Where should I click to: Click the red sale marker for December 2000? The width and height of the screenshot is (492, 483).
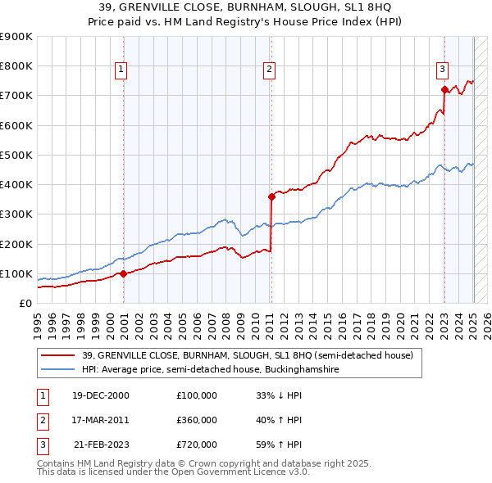tap(124, 273)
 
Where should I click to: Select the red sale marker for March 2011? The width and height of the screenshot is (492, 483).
tap(271, 196)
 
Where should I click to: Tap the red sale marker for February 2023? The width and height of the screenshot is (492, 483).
tap(444, 89)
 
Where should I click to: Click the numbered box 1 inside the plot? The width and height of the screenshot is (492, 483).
tap(121, 70)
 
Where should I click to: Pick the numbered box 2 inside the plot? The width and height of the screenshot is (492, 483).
tap(269, 70)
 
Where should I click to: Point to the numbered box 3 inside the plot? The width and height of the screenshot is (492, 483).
tap(442, 70)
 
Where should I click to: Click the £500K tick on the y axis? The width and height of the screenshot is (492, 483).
tap(17, 155)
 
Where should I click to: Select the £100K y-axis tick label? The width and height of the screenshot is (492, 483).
tap(17, 273)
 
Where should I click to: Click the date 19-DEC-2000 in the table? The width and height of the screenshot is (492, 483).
tap(100, 395)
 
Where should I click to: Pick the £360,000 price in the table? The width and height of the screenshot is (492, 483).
tap(197, 420)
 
